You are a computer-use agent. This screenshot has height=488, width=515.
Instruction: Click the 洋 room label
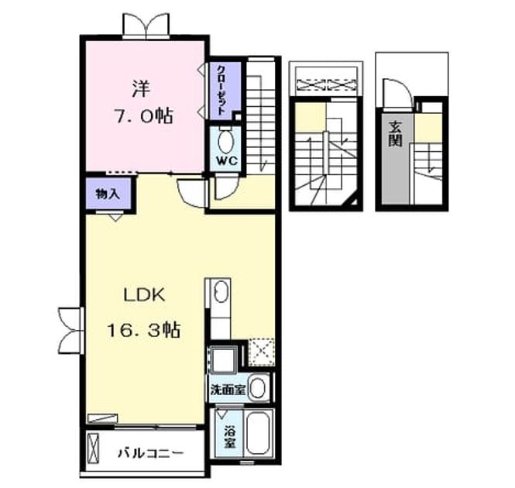coord(141,88)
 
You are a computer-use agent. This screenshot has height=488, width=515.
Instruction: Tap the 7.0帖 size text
coord(143,115)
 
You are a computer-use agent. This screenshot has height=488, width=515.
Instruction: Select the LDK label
coord(144,295)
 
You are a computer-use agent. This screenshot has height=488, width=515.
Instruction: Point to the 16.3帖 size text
coord(144,330)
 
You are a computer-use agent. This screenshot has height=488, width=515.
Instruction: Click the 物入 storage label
coord(108,194)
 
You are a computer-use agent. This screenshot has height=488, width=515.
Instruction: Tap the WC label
coord(227,160)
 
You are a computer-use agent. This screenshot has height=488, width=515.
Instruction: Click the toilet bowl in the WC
coord(226,142)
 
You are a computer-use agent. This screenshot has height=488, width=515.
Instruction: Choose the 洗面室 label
coord(228,390)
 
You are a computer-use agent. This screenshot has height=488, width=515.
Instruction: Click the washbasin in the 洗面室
coord(258,388)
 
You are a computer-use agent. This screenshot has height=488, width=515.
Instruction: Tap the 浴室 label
coord(230,437)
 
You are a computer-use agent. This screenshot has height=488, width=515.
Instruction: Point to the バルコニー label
coord(150,453)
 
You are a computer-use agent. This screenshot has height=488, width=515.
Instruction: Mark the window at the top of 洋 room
coord(146,26)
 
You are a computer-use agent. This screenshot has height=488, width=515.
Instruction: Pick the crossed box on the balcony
coord(93,448)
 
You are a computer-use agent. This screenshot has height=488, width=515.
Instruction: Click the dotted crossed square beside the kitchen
coord(262,352)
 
